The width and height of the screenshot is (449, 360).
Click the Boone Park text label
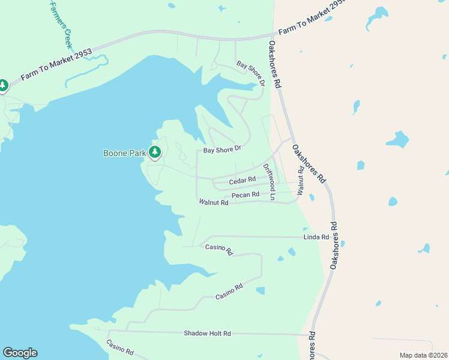click(124, 153)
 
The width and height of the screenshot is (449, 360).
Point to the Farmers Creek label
click(60, 24)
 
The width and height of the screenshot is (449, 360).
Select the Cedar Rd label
click(243, 179)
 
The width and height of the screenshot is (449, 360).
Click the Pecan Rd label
click(245, 194)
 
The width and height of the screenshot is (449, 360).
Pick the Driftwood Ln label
click(270, 182)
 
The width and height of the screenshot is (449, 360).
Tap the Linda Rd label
click(316, 237)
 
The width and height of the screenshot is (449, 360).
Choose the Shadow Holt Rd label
click(207, 333)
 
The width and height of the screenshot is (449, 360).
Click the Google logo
click(20, 353)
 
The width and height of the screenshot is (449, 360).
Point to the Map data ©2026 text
click(423, 355)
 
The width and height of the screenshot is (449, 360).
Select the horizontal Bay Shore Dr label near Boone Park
click(221, 149)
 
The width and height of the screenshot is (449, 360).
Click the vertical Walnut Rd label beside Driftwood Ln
click(300, 181)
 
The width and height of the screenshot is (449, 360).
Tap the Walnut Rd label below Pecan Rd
click(214, 203)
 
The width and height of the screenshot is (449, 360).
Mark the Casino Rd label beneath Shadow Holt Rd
click(119, 347)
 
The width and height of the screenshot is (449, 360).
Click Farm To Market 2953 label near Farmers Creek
click(56, 65)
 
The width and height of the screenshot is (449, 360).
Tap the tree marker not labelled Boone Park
click(3, 86)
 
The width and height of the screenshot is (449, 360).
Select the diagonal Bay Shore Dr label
click(250, 72)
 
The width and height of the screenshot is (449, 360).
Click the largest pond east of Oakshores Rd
click(397, 140)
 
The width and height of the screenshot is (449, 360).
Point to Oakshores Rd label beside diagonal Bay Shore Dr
click(275, 65)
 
